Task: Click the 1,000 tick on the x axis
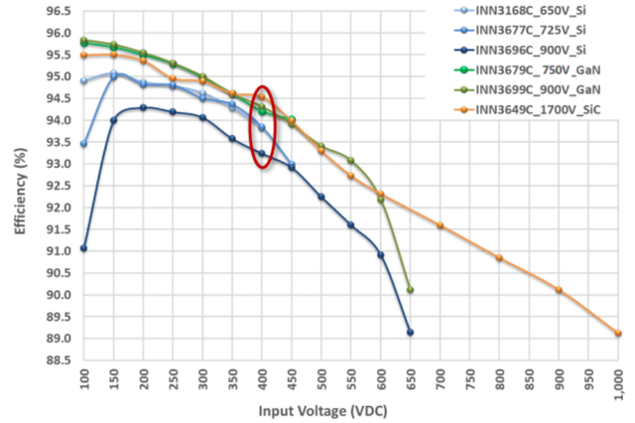click(x=618, y=384)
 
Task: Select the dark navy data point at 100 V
click(x=83, y=248)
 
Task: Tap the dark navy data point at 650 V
click(x=410, y=333)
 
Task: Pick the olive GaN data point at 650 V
click(x=410, y=290)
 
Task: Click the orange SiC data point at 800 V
click(x=499, y=258)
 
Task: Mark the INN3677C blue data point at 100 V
click(x=83, y=144)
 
